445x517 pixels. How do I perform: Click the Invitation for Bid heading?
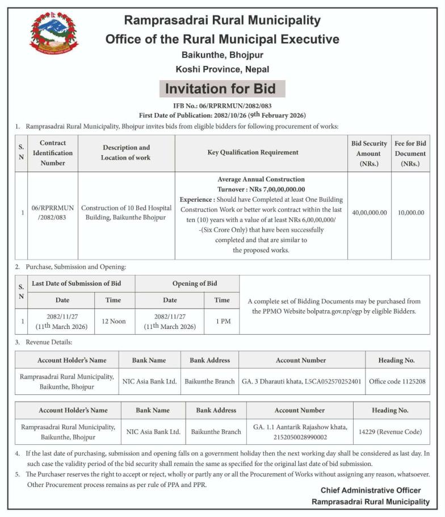pos(220,89)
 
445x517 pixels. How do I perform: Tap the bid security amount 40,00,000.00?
pos(369,212)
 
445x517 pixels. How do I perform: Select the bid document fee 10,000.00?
pos(410,212)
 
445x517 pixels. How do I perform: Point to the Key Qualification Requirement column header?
pos(261,152)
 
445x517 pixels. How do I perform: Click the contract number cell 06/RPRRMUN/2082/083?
pos(52,212)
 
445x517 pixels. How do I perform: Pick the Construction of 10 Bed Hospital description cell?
pos(126,212)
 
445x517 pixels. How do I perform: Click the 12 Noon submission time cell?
pos(114,321)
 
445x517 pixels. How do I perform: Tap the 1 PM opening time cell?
pos(222,321)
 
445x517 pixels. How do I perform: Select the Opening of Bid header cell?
pos(187,283)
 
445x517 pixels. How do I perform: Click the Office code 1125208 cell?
pos(397,381)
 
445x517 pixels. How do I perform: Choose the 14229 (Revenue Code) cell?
pos(390,432)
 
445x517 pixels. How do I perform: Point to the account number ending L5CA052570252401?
pos(301,381)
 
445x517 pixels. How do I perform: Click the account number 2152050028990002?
pos(300,436)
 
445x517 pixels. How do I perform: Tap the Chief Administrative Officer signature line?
pos(370,490)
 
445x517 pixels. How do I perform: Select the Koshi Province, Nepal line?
pos(222,69)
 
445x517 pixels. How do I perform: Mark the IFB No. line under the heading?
pos(222,106)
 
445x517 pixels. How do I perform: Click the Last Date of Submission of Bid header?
pos(75,283)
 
